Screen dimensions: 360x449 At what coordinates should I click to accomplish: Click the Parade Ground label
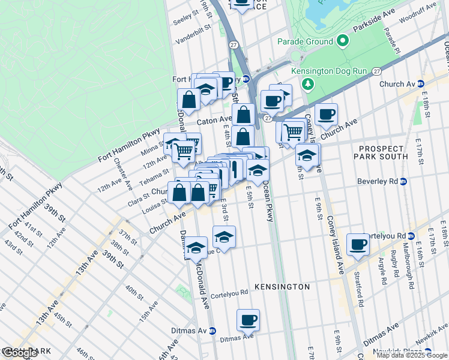(304, 41)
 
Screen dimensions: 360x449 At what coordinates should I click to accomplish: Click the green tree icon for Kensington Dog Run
(308, 83)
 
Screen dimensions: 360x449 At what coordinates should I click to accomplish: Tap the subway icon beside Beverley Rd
(404, 181)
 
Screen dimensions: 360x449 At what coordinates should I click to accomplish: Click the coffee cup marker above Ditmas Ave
(247, 320)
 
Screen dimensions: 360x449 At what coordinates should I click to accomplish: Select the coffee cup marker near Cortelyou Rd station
(358, 244)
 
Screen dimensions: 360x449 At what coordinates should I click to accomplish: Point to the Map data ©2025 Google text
(412, 355)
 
